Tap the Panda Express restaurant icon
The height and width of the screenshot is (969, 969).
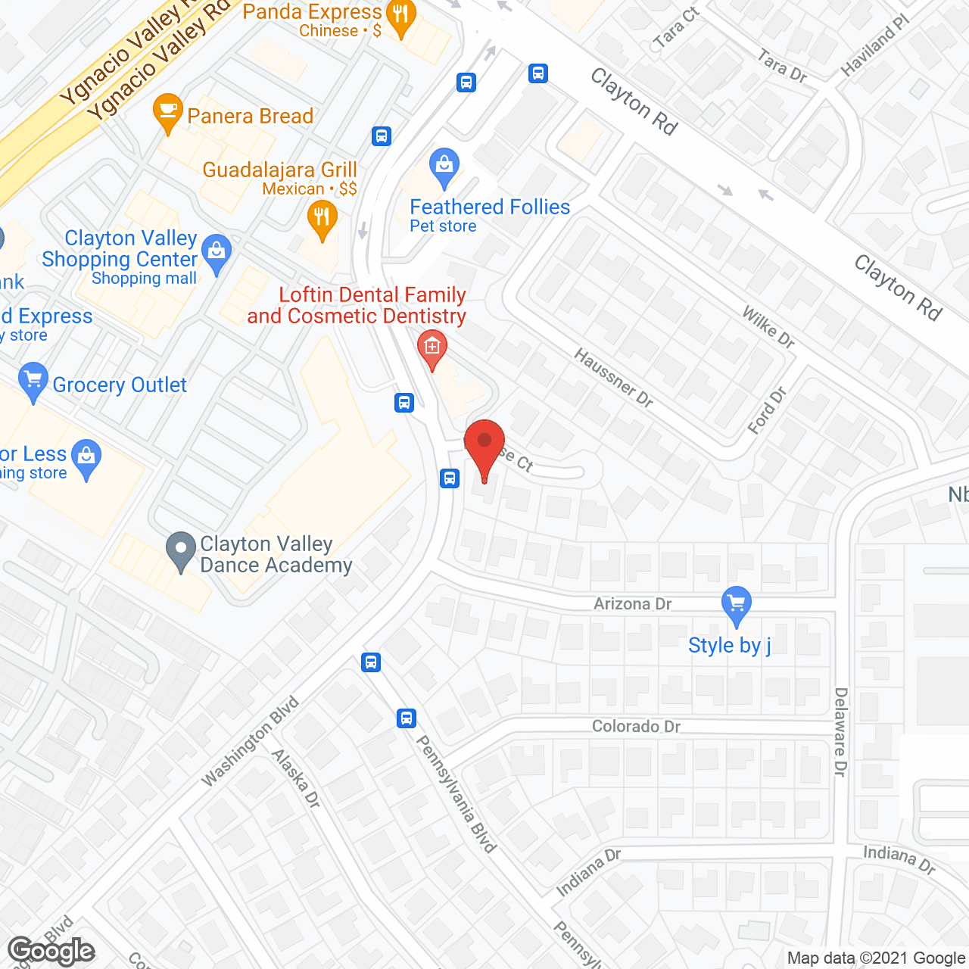coord(400,17)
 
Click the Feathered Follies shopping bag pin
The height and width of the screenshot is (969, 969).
coord(444,167)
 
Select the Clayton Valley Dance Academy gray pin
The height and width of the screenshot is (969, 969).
coord(181,551)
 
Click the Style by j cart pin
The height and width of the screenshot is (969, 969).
coord(736,606)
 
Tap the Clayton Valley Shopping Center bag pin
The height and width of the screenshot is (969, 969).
coord(217,254)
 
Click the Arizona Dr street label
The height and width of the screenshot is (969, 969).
coord(632,603)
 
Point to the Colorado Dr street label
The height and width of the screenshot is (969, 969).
coord(636,726)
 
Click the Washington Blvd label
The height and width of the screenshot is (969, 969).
coord(251,741)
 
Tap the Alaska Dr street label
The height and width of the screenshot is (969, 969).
coord(296,778)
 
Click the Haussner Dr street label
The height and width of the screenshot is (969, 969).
coord(613,378)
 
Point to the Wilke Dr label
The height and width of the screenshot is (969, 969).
coord(768,327)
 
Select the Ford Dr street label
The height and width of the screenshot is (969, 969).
coord(767,410)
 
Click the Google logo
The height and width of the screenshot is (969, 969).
coord(51,950)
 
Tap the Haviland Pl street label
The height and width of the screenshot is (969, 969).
coord(874,45)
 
